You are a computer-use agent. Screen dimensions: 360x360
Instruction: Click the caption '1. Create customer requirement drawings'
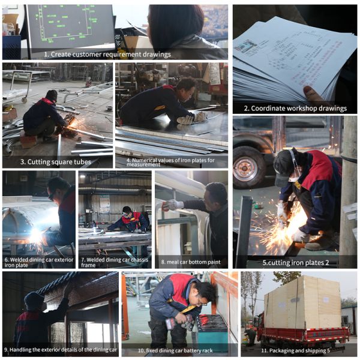107,55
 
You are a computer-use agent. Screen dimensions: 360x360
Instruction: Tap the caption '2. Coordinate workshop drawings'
295,108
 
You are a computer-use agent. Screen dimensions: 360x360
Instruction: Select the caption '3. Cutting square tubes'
56,162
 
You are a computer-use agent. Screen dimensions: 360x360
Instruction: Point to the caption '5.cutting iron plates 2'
296,262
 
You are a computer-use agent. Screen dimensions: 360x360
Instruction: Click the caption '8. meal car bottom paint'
191,262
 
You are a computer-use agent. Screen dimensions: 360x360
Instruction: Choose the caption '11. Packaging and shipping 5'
295,350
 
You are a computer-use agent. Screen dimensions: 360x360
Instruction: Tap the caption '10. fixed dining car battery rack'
175,350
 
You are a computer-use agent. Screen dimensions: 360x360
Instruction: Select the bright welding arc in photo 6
35,235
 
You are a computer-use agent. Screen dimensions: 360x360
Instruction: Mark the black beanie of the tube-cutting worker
52,95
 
